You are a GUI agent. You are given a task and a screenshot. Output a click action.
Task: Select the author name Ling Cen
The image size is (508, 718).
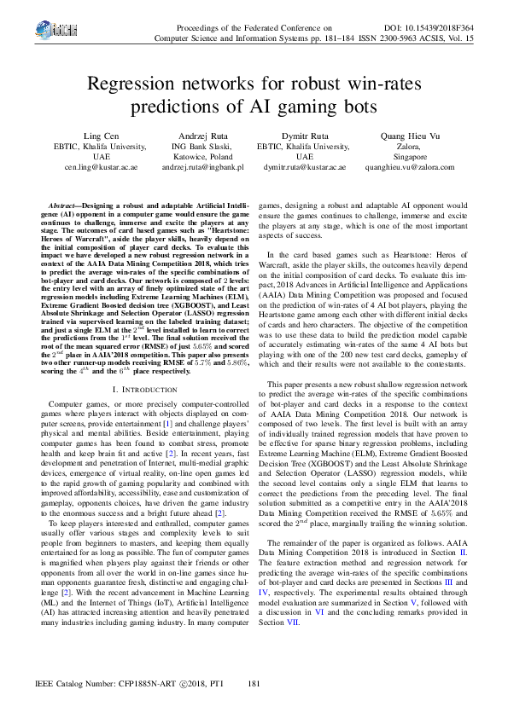pos(102,136)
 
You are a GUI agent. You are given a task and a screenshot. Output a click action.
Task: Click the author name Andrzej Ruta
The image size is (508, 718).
pos(203,136)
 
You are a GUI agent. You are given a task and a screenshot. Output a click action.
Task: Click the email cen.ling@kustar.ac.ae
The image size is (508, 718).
pos(102,168)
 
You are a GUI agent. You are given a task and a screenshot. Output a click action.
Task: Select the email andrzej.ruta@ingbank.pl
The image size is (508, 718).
pos(203,168)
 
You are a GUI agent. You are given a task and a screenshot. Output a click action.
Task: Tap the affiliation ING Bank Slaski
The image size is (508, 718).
pos(203,147)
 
